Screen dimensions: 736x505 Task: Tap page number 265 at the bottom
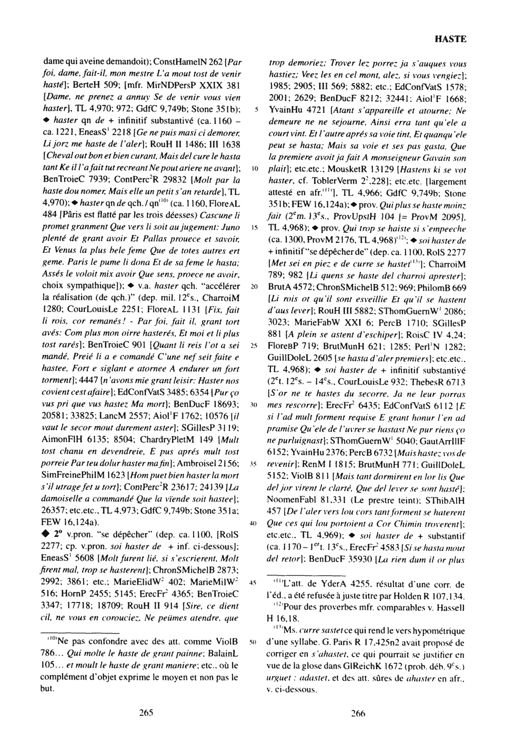coord(146,713)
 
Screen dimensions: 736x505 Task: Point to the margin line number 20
coord(254,288)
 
